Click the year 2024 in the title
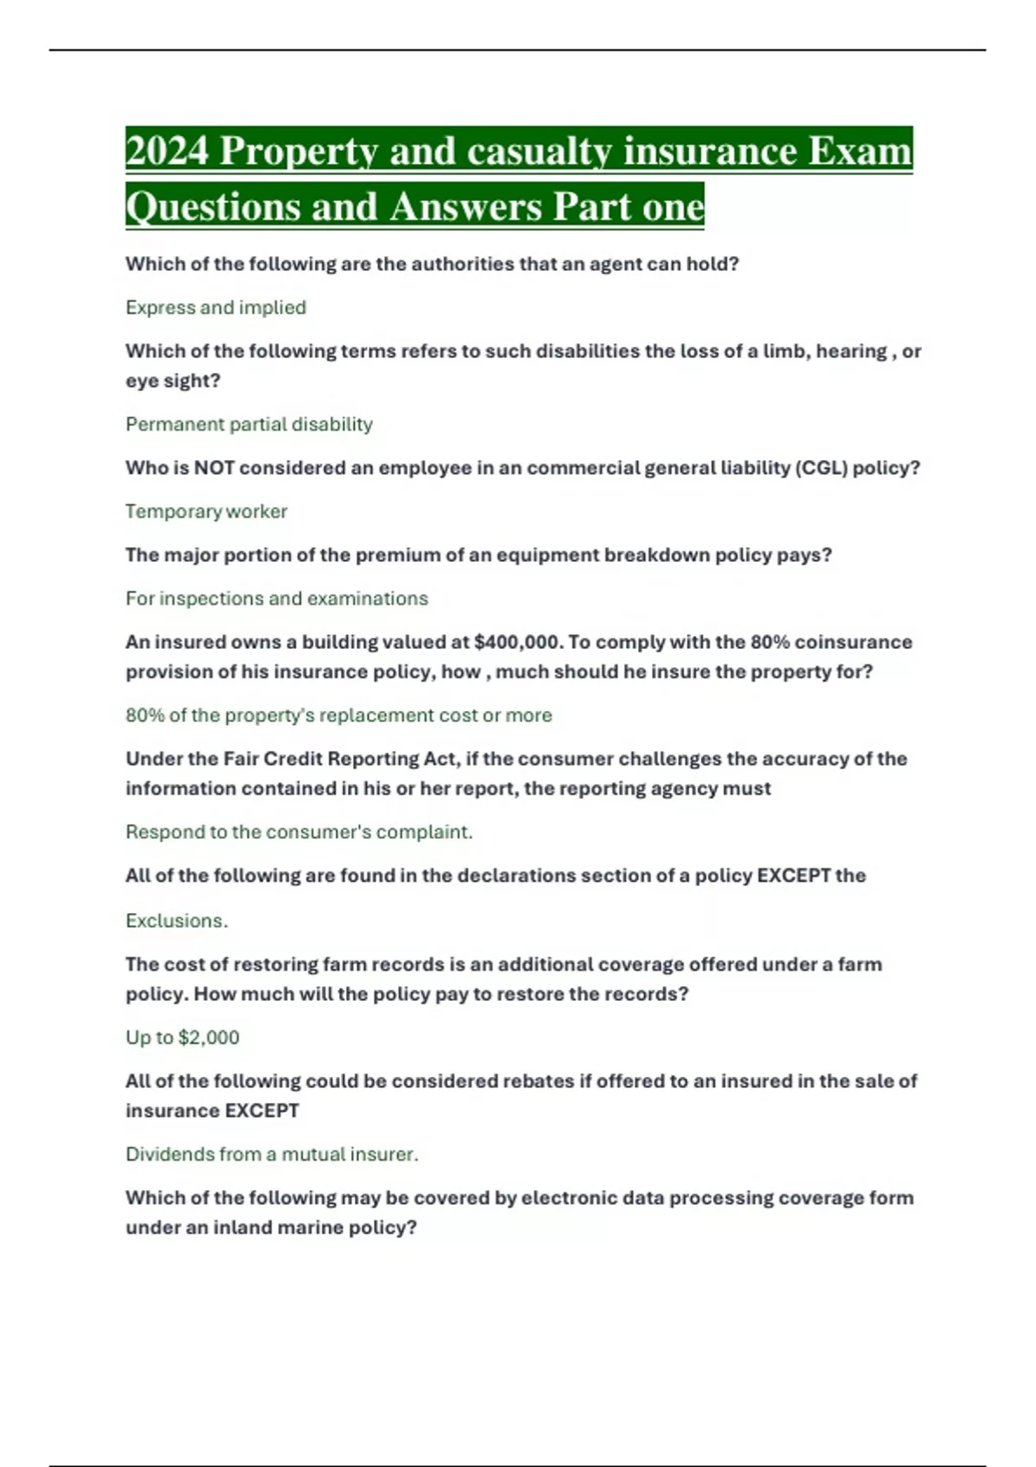pos(167,151)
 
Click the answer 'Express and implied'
pos(216,308)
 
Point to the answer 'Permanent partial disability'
pos(249,425)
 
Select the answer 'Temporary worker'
pos(206,512)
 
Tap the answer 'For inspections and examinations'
pos(276,599)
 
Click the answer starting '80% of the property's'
pos(338,715)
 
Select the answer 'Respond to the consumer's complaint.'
pos(299,832)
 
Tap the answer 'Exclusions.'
pos(177,921)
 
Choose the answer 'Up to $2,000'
pos(182,1037)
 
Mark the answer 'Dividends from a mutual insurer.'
pos(272,1155)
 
